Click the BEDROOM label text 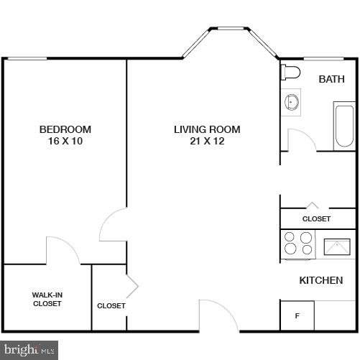coord(65,129)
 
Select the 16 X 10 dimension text coord(65,141)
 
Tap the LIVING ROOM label coord(207,129)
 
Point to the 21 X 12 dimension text coord(207,141)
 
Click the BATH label coord(332,79)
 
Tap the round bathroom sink coord(292,101)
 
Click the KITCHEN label coord(320,280)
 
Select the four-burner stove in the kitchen coord(298,244)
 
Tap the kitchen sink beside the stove coord(336,246)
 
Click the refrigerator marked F coord(297,315)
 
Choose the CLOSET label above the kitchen coord(316,218)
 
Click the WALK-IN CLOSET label coord(47,299)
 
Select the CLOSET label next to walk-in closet coord(111,305)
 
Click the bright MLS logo coord(29,351)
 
